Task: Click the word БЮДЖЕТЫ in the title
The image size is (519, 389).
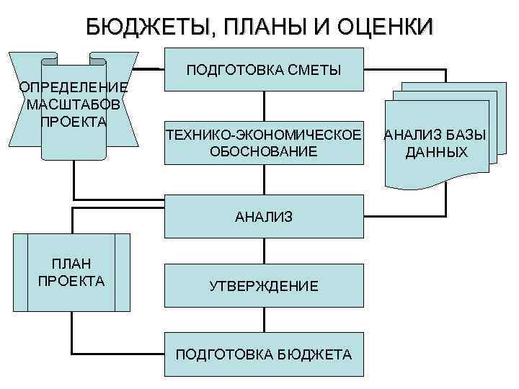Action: point(142,27)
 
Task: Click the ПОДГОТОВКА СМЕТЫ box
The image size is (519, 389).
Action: point(264,70)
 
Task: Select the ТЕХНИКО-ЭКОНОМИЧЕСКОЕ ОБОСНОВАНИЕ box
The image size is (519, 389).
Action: point(264,143)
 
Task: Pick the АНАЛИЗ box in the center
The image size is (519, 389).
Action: point(264,216)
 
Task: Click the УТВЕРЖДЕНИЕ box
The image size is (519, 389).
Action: point(264,286)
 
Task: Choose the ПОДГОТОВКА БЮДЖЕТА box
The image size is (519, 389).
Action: point(264,354)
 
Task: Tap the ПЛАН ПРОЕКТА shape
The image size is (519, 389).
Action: point(72,272)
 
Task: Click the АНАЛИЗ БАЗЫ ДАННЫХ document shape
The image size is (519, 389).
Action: point(436,143)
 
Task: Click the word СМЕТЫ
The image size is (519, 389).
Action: point(313,70)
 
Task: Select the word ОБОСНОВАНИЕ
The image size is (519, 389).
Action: point(264,151)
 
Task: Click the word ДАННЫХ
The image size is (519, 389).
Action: point(436,152)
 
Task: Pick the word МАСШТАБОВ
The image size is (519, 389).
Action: point(74,104)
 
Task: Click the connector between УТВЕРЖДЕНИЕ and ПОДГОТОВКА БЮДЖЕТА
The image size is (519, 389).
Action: point(264,321)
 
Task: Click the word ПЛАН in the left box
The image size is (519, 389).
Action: point(71,264)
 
